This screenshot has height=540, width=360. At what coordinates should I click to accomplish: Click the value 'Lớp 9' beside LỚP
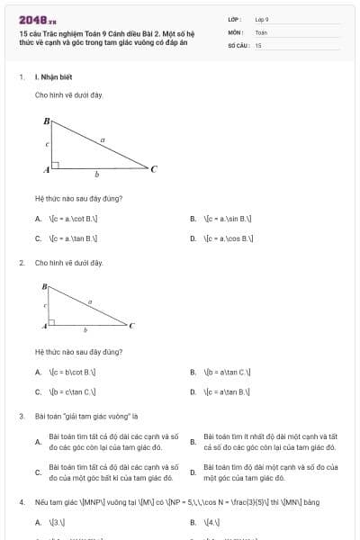pos(262,18)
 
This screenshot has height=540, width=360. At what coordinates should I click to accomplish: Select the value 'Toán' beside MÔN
pos(261,31)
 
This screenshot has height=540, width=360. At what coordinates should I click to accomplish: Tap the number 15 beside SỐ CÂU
pos(258,44)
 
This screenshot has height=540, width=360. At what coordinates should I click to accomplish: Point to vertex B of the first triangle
pos(47,120)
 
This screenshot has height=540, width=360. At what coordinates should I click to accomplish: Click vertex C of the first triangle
pos(154,168)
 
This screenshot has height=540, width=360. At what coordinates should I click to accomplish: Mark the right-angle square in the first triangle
pos(56,165)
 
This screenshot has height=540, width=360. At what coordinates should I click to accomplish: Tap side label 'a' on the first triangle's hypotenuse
pos(103,139)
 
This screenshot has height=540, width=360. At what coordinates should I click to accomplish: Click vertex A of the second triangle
pos(43,323)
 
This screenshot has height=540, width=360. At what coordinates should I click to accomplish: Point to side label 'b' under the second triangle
pos(85,331)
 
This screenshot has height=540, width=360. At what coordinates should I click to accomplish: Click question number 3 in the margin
pos(21,417)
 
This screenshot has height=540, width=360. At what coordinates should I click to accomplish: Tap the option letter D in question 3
pos(193,472)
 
